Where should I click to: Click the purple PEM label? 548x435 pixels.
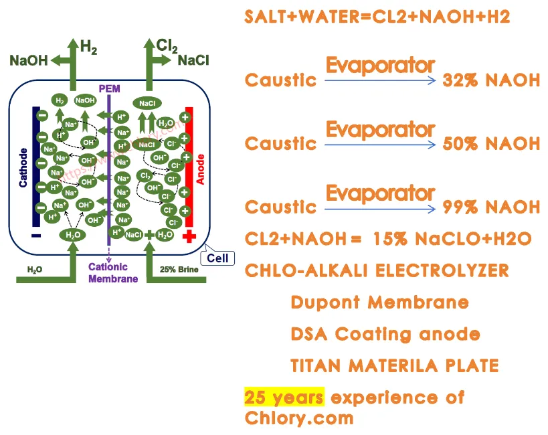[109, 88]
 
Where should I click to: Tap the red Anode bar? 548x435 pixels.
[189, 167]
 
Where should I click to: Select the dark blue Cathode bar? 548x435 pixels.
[35, 167]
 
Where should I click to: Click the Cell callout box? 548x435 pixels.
[217, 258]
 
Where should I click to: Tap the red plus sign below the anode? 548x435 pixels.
[189, 236]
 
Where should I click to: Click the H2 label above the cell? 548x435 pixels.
[89, 46]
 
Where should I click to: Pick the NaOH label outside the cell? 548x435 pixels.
[29, 61]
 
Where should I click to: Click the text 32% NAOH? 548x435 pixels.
[491, 80]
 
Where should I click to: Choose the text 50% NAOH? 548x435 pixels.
[491, 143]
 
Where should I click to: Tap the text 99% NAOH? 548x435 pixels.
[491, 207]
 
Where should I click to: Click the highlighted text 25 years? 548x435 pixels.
[284, 397]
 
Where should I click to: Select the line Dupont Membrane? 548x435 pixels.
[379, 302]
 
